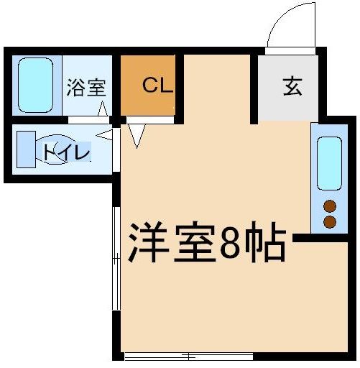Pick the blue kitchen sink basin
(x=330, y=161)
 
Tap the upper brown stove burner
(x=330, y=206)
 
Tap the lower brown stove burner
(x=330, y=221)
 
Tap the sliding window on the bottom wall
(x=188, y=356)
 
